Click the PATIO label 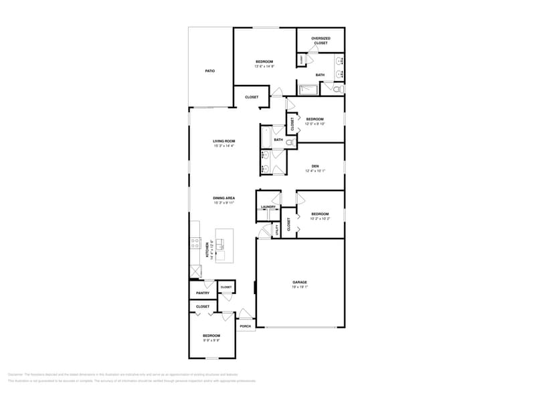[209, 71]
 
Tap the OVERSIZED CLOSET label [320, 41]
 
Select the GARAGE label [300, 282]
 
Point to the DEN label [314, 166]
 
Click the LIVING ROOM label [223, 141]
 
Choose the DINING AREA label [223, 198]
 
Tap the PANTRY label [203, 293]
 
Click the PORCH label [246, 326]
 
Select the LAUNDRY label [268, 207]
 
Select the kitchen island [225, 245]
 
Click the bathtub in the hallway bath [266, 138]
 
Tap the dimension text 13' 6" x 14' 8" [264, 66]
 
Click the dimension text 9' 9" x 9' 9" [211, 340]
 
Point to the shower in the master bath [310, 89]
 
